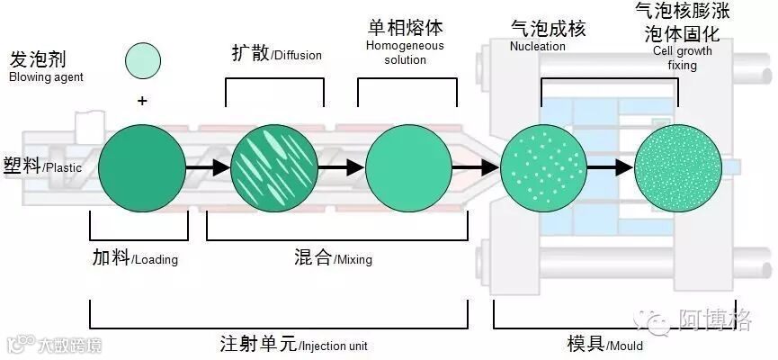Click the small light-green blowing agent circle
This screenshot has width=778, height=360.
(x=143, y=60)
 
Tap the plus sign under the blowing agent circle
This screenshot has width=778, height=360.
(x=142, y=100)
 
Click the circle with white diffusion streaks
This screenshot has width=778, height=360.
(x=273, y=167)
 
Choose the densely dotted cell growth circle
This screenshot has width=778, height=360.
(x=677, y=167)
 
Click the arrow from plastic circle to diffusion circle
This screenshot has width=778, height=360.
(x=206, y=167)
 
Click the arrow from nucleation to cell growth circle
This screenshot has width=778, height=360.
(x=609, y=167)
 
